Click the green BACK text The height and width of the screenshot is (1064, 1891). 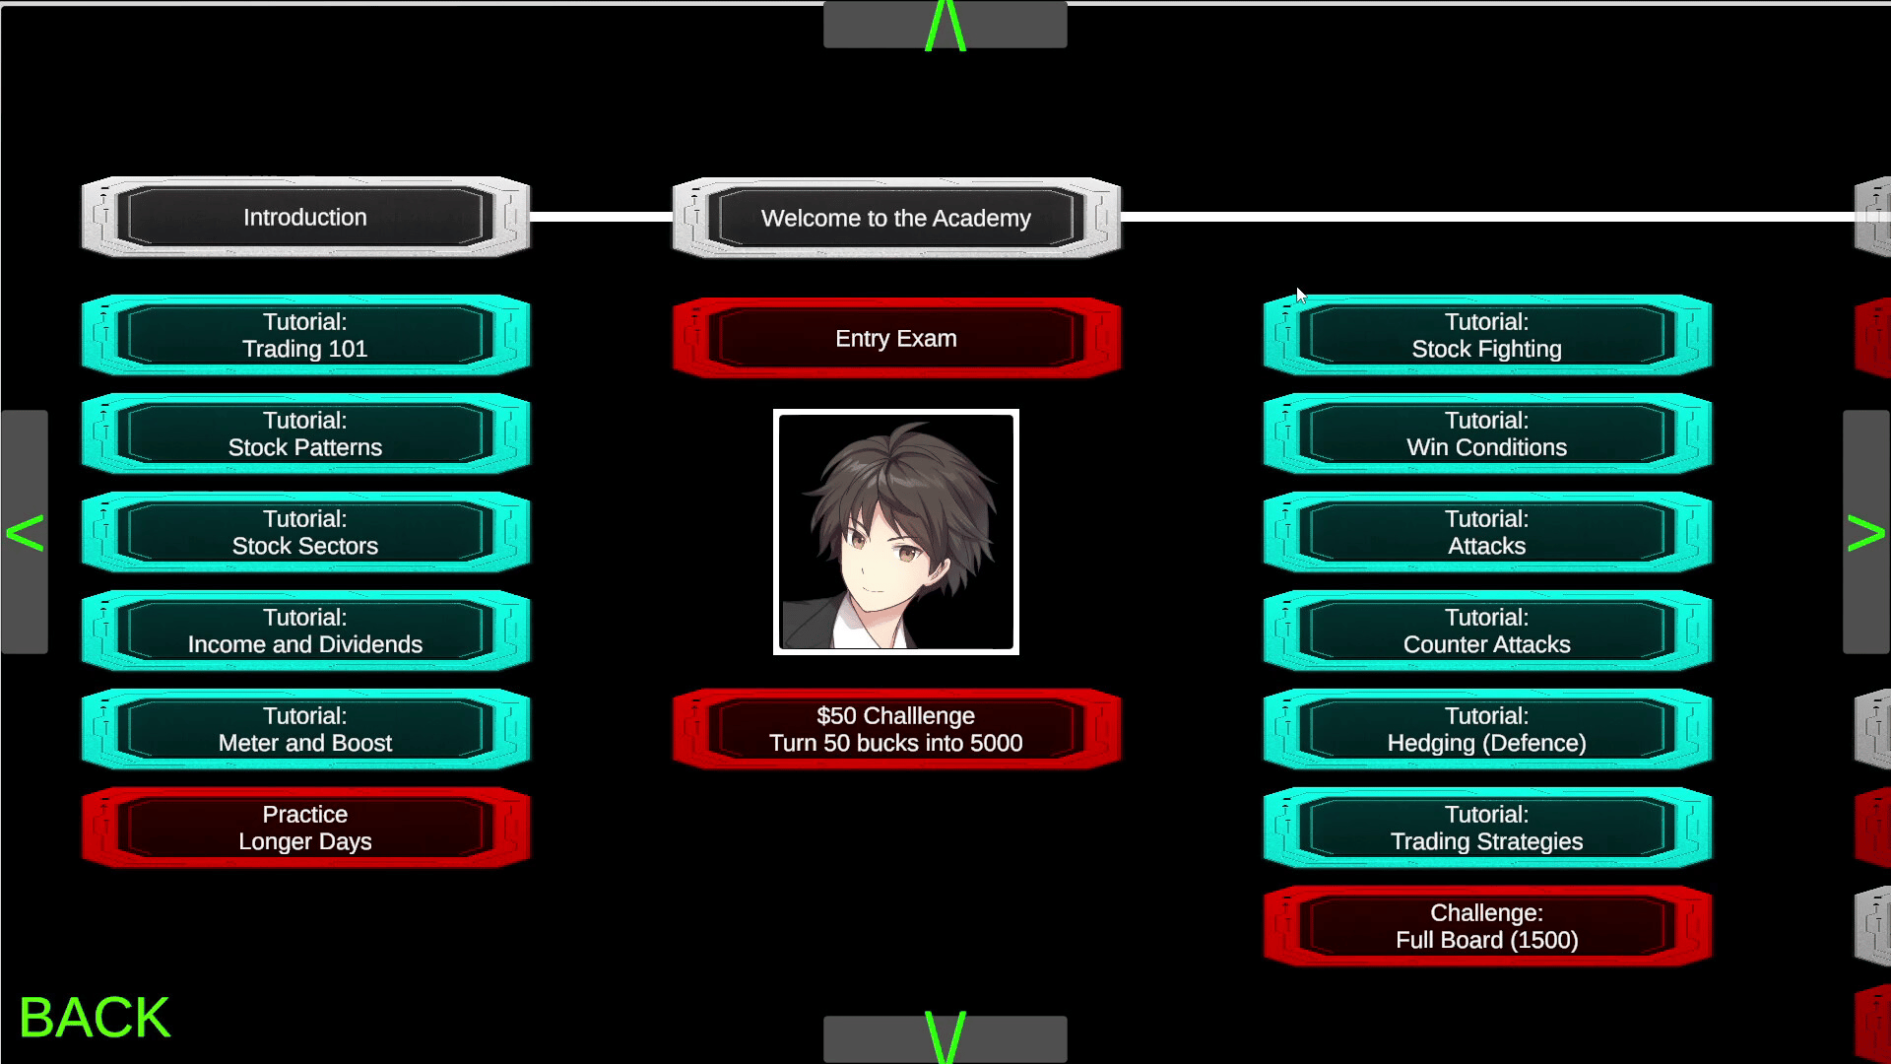coord(95,1018)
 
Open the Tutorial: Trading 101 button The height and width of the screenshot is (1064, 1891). coord(305,335)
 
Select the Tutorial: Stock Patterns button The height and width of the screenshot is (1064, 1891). coord(305,433)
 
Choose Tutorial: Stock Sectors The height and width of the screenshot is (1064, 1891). coord(305,532)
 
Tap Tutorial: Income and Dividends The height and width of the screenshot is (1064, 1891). coord(305,631)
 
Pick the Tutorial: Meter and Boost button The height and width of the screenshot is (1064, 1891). coord(305,729)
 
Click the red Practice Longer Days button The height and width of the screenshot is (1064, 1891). coord(305,828)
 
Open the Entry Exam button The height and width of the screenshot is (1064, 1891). coord(896,338)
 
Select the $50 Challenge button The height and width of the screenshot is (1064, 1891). coord(896,729)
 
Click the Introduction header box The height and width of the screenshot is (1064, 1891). coord(305,217)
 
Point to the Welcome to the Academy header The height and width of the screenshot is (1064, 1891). coord(896,218)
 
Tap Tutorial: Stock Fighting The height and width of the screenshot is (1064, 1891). coord(1487,335)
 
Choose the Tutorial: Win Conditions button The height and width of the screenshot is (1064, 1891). coord(1487,433)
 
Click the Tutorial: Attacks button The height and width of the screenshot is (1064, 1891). coord(1487,532)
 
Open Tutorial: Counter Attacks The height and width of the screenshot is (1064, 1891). coord(1487,631)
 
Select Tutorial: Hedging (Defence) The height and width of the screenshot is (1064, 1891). coord(1487,729)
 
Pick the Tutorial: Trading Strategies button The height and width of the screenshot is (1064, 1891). coord(1487,828)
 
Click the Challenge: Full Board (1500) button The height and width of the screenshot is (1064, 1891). coord(1487,926)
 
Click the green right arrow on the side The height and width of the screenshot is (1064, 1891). coord(1865,533)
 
